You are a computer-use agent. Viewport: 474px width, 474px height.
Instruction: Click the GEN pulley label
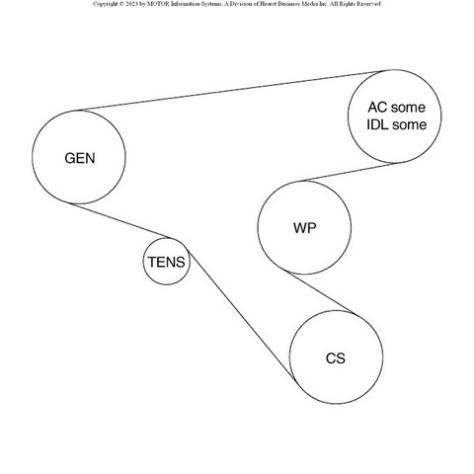click(80, 158)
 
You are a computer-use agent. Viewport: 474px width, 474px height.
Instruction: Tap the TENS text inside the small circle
click(167, 263)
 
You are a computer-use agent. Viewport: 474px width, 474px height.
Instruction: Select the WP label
click(305, 228)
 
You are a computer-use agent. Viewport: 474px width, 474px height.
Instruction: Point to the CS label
click(336, 358)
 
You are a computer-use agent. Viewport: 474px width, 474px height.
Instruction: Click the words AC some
click(396, 108)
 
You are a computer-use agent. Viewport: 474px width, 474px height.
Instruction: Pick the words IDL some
click(396, 124)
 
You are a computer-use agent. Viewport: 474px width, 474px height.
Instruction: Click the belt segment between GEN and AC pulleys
click(230, 91)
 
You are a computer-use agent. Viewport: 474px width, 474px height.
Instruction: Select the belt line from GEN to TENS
click(120, 220)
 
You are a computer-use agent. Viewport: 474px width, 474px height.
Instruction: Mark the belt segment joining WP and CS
click(320, 292)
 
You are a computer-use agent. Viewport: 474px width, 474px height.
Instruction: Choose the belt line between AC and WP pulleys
click(349, 172)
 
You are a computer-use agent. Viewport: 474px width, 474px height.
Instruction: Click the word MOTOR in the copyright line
click(158, 4)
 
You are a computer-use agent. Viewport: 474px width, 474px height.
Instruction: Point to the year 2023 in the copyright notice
click(131, 4)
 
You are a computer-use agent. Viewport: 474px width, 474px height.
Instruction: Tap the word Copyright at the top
click(105, 4)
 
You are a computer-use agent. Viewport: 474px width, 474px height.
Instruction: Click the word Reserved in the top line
click(370, 4)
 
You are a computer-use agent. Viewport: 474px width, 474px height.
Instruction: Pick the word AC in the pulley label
click(377, 108)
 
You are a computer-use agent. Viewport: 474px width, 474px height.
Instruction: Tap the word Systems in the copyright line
click(211, 4)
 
